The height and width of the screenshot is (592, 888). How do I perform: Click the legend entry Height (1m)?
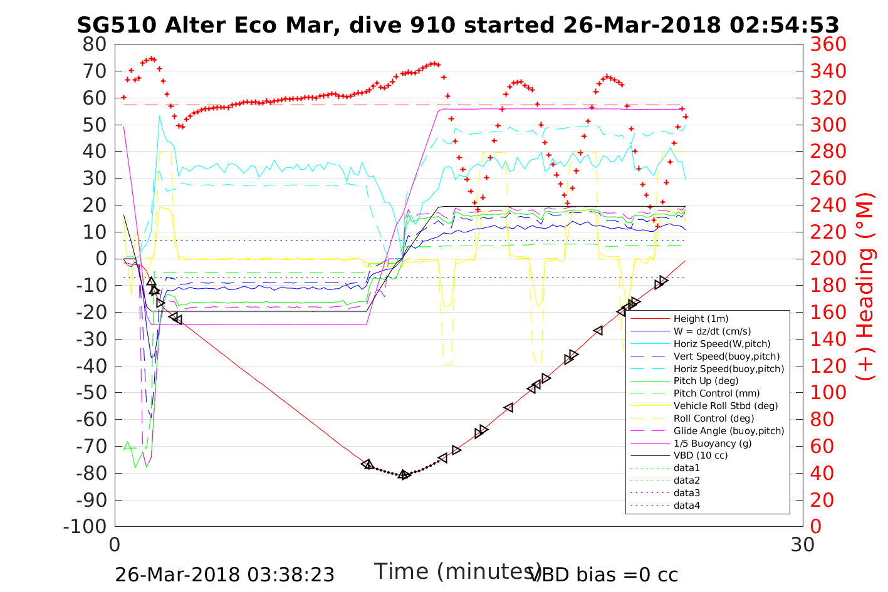click(x=701, y=319)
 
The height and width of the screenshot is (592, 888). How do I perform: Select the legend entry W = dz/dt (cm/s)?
click(x=712, y=331)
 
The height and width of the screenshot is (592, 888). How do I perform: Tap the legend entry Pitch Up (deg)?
click(x=706, y=381)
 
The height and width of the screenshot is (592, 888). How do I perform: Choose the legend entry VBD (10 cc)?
click(x=701, y=455)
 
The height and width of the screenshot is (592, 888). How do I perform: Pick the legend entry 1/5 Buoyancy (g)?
click(x=713, y=443)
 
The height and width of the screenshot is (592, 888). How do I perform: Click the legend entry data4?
click(x=686, y=506)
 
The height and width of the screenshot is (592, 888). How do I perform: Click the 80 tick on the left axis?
click(x=95, y=44)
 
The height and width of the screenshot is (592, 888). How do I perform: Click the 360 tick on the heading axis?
click(x=828, y=44)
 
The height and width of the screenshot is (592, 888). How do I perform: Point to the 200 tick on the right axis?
click(x=828, y=259)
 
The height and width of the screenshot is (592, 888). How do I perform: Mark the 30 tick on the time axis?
click(x=803, y=544)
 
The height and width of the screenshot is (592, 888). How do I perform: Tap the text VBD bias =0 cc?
click(x=603, y=574)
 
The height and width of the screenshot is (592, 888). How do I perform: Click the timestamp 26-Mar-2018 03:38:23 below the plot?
click(x=224, y=574)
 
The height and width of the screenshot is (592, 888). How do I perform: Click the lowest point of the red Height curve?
click(x=404, y=475)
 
